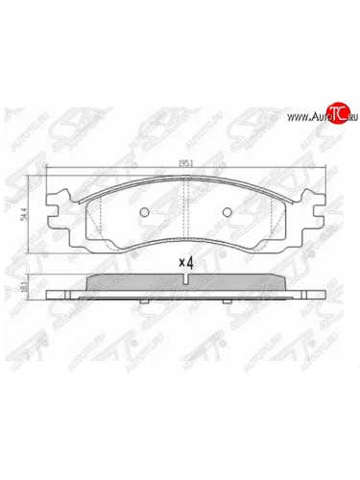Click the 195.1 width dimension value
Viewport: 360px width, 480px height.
[x=181, y=164]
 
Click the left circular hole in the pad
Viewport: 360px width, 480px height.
[x=143, y=212]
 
